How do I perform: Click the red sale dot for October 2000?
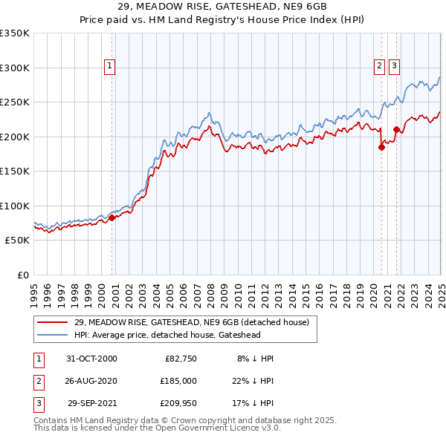tap(112, 218)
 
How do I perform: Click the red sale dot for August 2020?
tap(381, 147)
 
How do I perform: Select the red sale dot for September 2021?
tap(396, 130)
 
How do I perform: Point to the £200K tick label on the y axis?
tap(15, 137)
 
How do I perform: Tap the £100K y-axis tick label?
tap(15, 206)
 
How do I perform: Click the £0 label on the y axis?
tap(22, 275)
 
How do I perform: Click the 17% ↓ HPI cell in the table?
tap(253, 404)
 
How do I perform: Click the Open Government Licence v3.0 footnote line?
tap(157, 428)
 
